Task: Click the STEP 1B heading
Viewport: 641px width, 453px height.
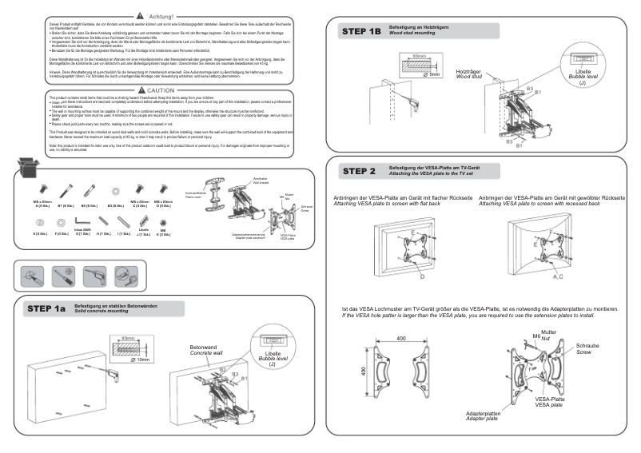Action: point(361,32)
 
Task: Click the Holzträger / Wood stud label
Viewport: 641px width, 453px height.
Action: point(469,74)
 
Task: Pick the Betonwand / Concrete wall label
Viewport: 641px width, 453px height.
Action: point(205,351)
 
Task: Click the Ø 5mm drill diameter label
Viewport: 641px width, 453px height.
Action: point(433,74)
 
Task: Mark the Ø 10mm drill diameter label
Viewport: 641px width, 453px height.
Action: point(140,360)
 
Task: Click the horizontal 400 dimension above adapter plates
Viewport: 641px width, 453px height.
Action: point(400,339)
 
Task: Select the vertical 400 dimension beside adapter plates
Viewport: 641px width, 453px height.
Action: point(362,374)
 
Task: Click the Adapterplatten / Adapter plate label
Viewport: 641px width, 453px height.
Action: point(483,416)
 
